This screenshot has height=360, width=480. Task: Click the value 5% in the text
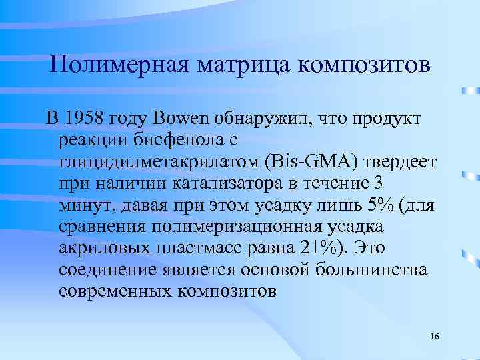[364, 205]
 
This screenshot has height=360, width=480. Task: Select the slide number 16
[434, 335]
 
